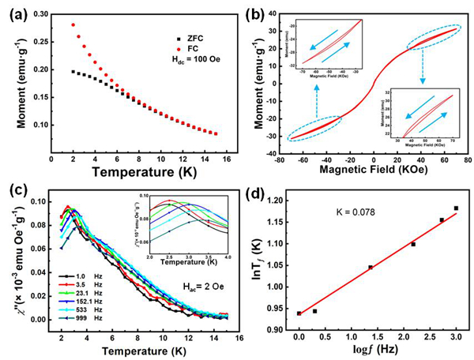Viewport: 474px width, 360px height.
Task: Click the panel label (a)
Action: tap(14, 11)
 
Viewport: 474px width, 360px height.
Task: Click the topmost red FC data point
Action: tap(73, 24)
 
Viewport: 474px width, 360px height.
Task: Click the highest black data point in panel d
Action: tap(456, 208)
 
